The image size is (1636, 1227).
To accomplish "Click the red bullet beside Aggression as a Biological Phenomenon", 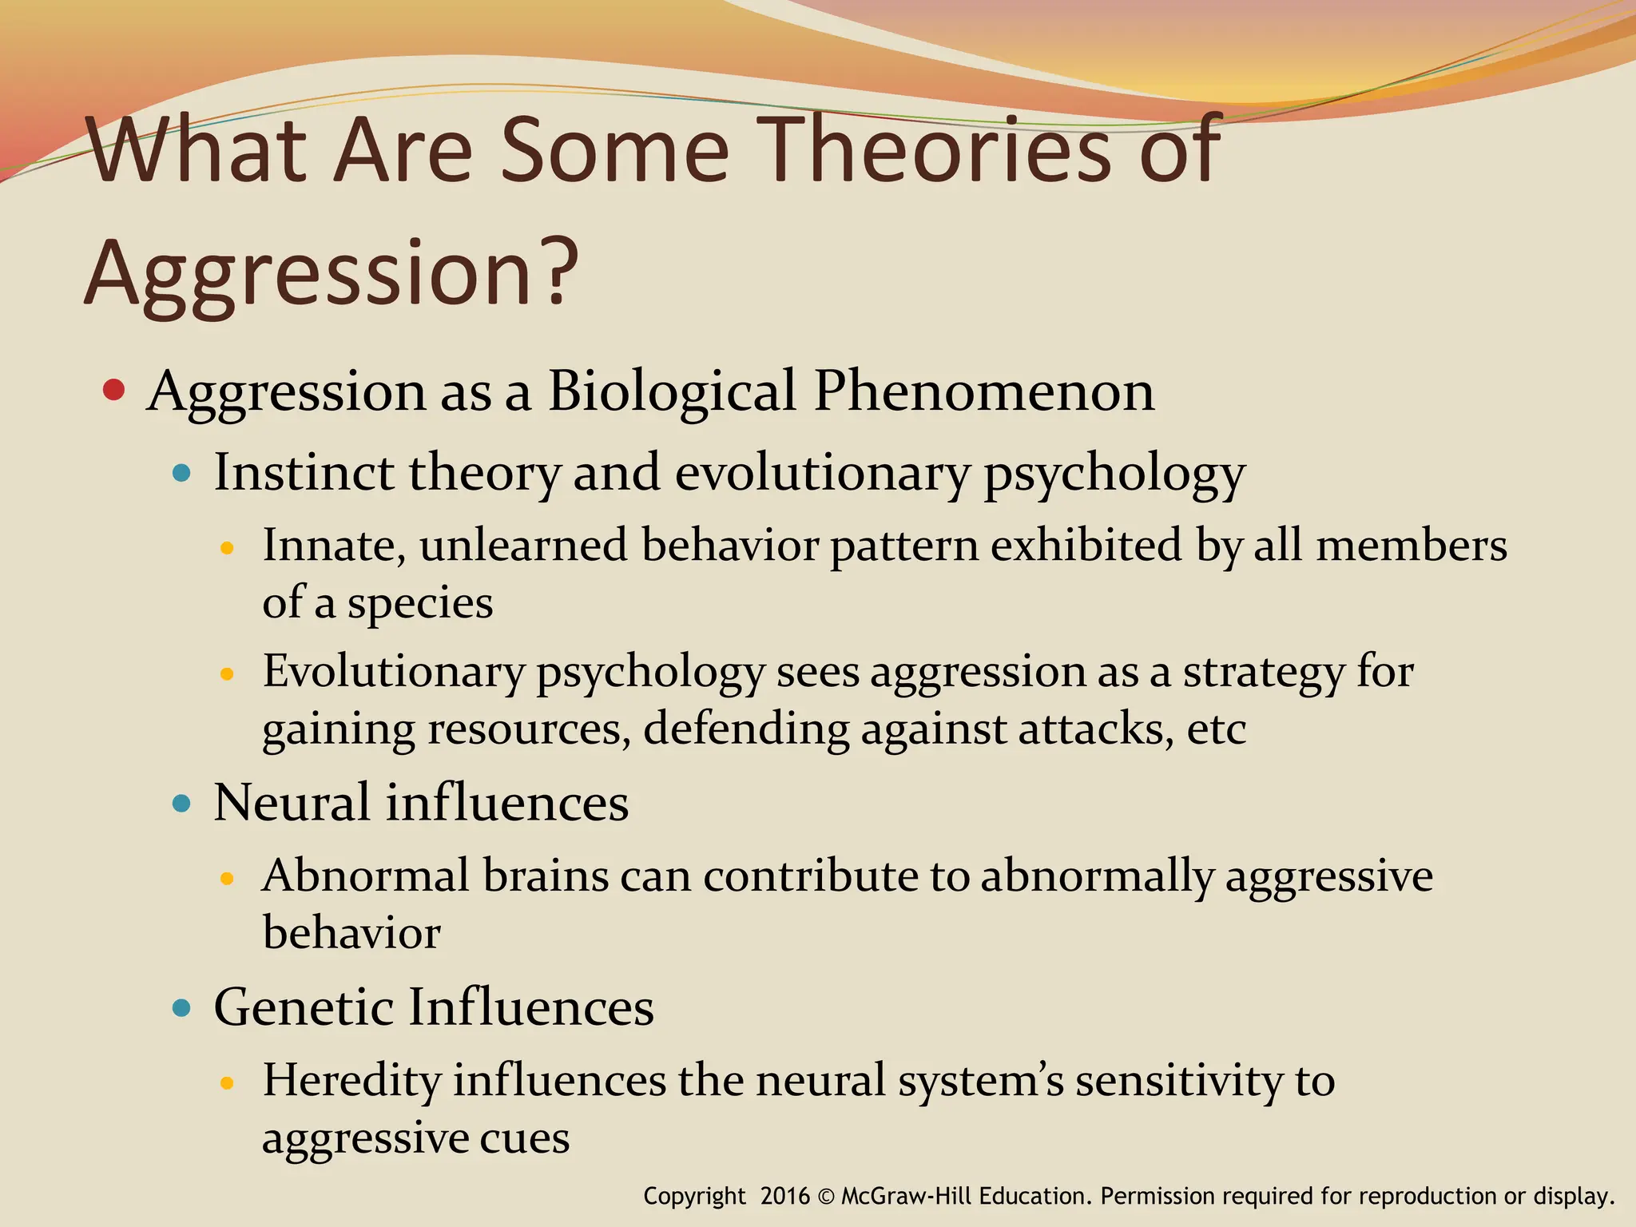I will click(x=114, y=390).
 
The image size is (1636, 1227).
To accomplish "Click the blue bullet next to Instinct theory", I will click(x=182, y=473).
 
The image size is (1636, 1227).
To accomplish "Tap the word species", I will click(x=420, y=604).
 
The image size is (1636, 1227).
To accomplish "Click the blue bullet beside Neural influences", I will click(x=182, y=803).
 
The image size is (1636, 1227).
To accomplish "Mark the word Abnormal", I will click(x=367, y=876).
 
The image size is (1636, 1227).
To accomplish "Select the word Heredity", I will click(x=351, y=1082).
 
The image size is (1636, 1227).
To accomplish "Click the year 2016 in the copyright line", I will click(x=784, y=1197).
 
